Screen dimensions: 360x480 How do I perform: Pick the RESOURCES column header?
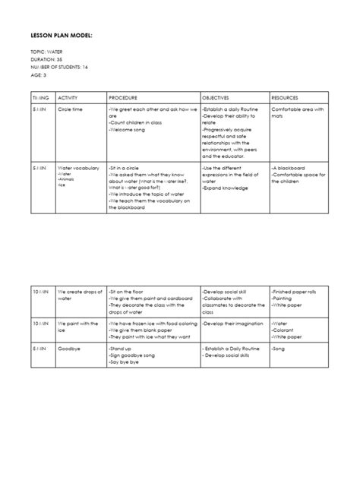(x=286, y=99)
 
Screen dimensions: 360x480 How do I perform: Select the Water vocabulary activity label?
(x=79, y=168)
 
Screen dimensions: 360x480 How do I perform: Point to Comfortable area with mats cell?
(x=297, y=113)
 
